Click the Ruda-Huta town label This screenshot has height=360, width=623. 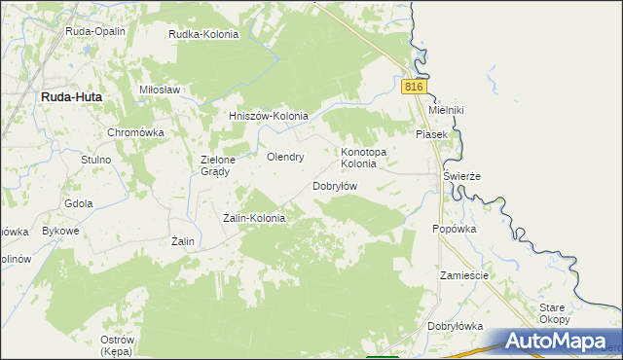71,97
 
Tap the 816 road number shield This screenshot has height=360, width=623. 414,88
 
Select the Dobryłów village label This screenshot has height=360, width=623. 336,186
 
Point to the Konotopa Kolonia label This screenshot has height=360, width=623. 363,158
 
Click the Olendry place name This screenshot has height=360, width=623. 286,157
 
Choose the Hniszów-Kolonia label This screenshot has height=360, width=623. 268,117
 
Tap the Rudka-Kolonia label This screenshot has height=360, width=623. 203,34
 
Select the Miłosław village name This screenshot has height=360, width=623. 161,90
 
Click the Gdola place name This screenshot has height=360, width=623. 78,203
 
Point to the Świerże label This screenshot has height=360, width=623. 462,176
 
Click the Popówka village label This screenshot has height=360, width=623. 455,230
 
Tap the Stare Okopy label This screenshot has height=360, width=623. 554,313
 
